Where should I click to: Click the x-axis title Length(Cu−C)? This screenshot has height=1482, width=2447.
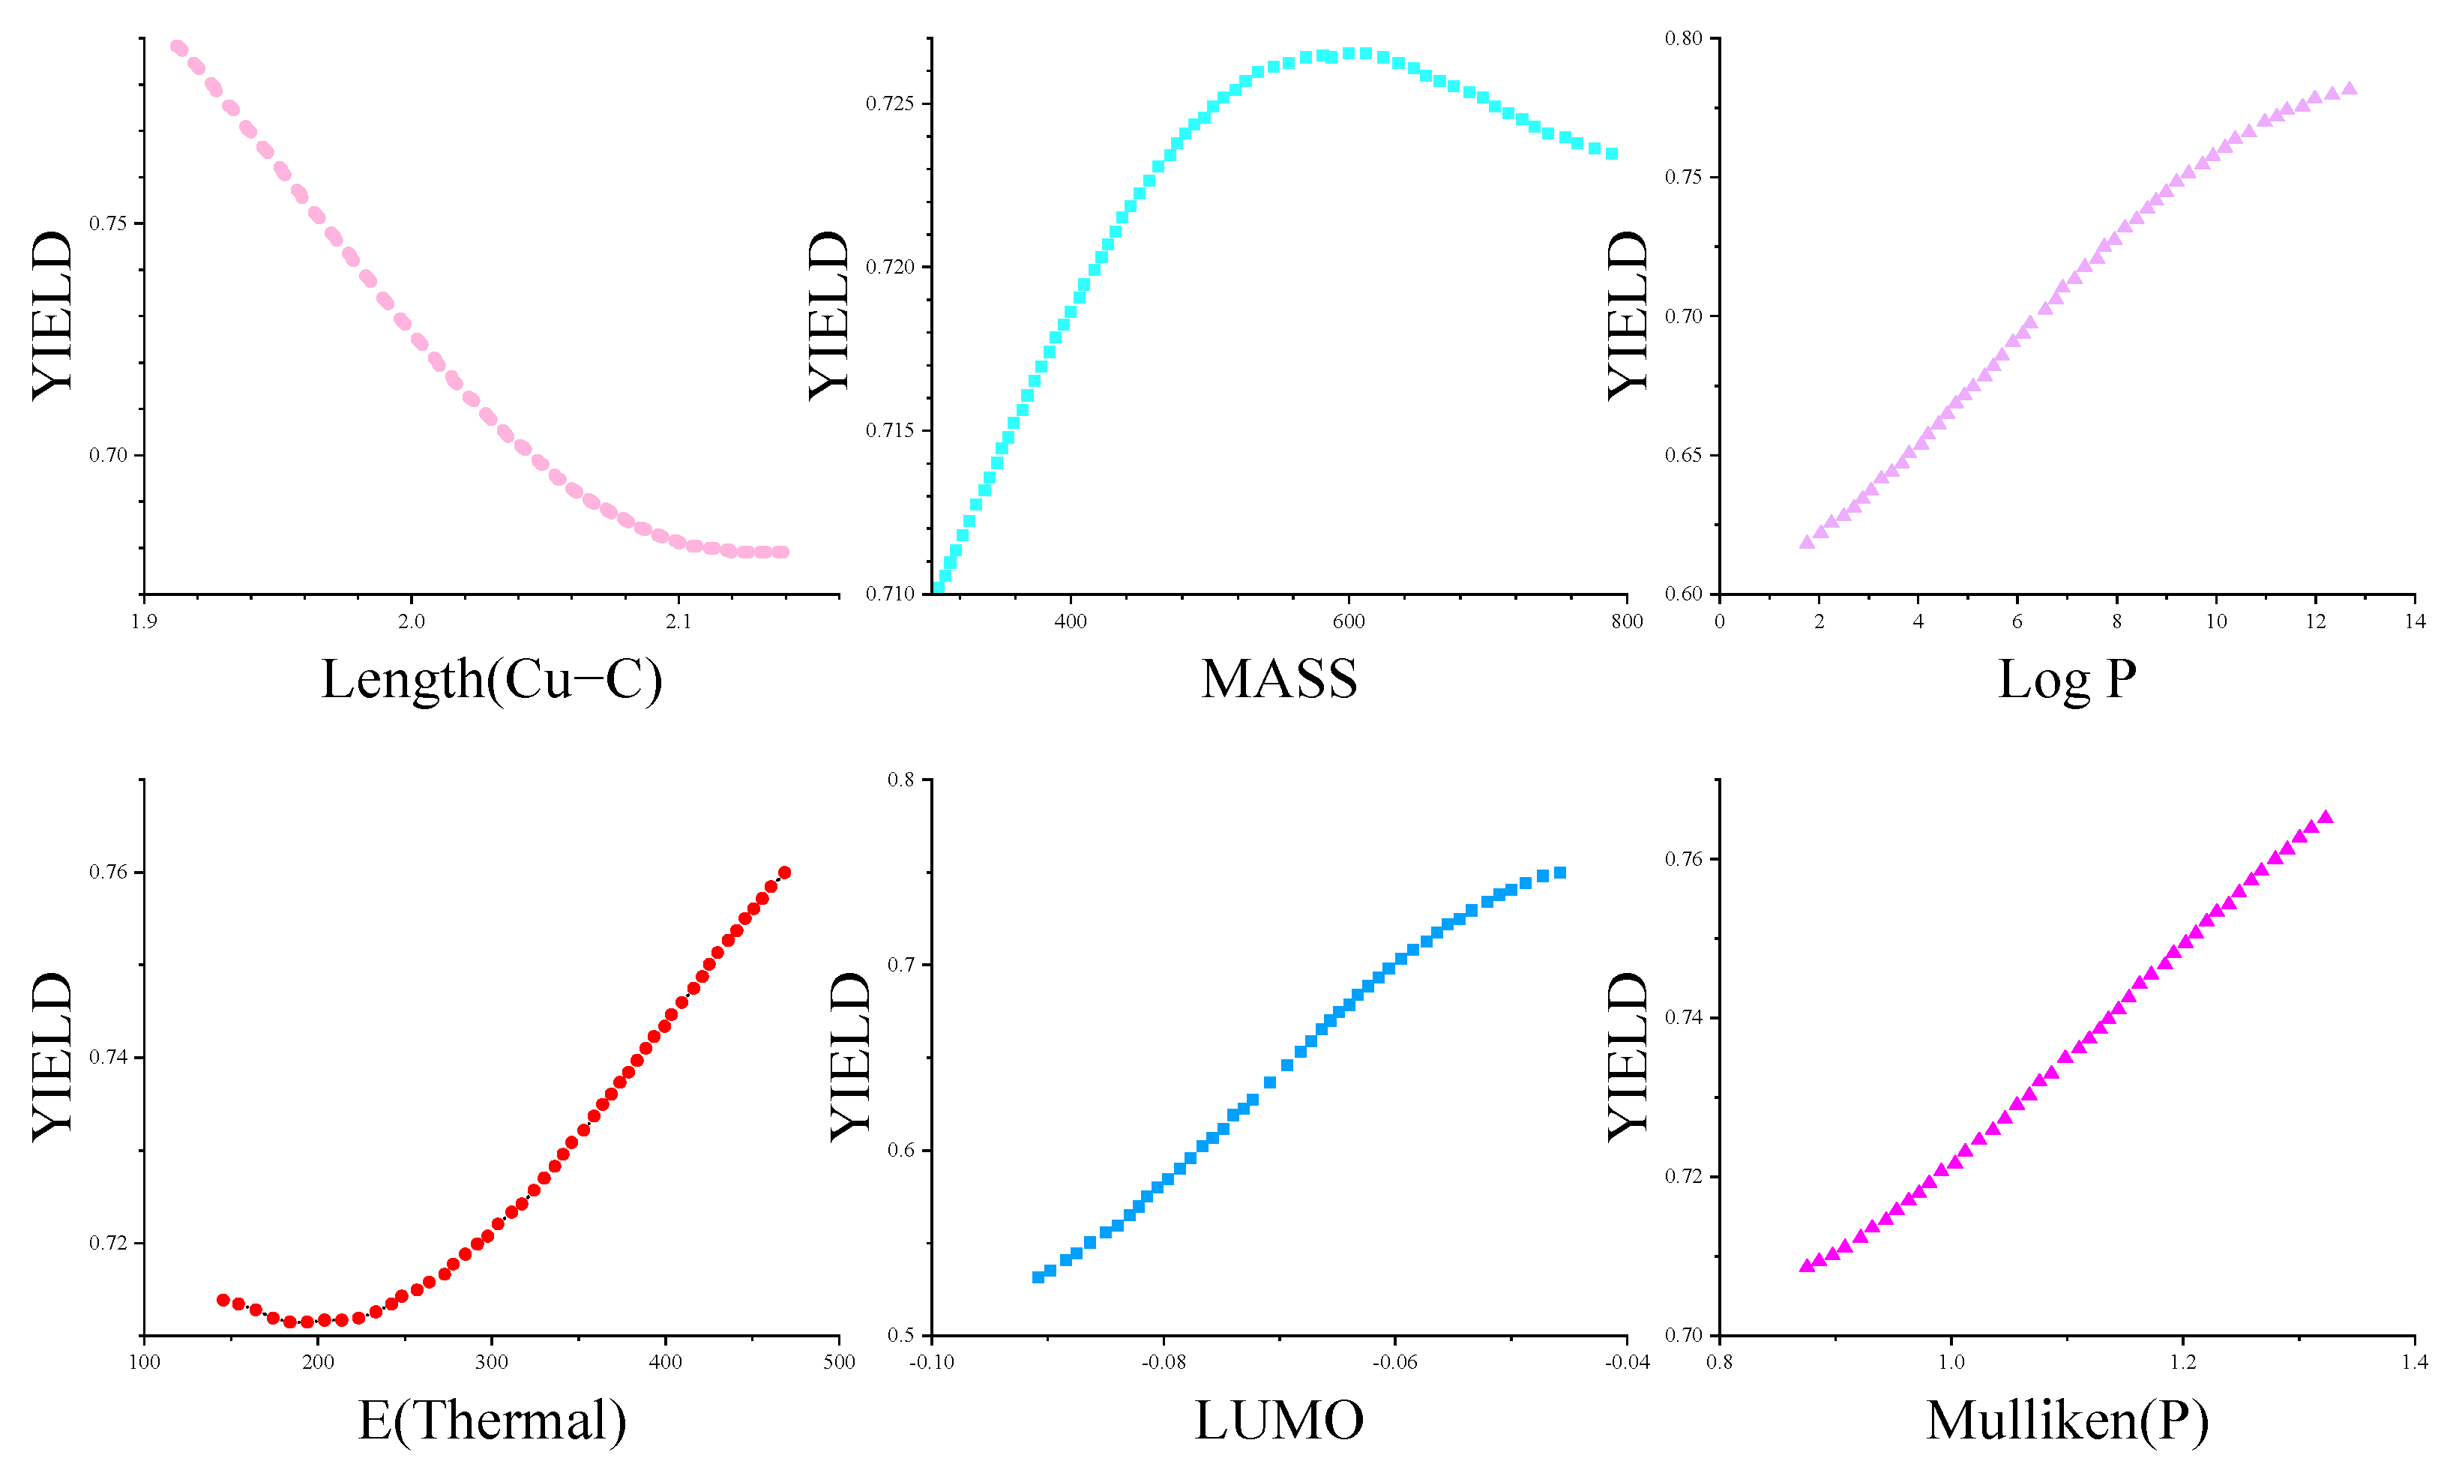(492, 681)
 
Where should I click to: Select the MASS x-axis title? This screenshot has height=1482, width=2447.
(1279, 681)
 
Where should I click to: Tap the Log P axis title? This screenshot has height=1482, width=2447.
(2067, 681)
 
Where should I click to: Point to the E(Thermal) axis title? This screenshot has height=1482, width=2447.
(492, 1421)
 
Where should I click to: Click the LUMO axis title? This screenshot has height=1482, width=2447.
(1279, 1421)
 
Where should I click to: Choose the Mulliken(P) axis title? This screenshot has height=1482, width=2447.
(2067, 1421)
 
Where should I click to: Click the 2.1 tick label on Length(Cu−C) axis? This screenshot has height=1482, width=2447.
(678, 621)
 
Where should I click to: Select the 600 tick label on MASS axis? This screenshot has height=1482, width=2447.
(1349, 621)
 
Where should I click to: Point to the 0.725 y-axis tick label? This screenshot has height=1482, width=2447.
(889, 103)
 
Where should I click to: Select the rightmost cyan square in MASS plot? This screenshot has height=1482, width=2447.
(1613, 154)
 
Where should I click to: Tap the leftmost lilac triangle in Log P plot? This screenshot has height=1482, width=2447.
(1808, 542)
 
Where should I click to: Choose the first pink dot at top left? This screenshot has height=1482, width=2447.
(178, 46)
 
